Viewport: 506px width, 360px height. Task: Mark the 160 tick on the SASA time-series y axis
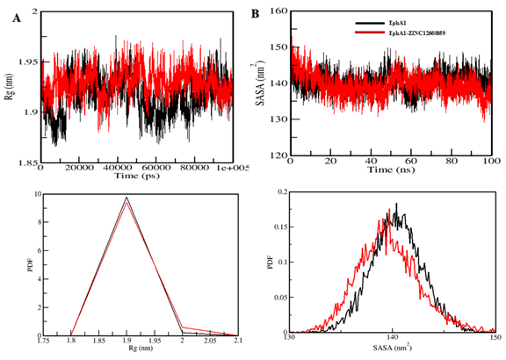(x=278, y=11)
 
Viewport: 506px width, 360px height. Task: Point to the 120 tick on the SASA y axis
(x=278, y=155)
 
